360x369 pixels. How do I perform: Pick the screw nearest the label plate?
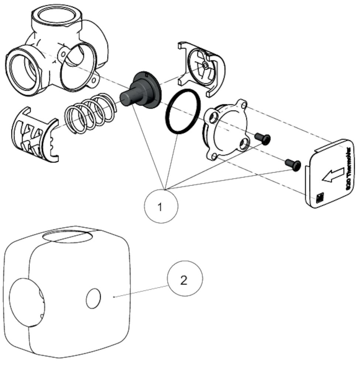pos(293,165)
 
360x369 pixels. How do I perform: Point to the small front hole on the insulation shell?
pos(93,299)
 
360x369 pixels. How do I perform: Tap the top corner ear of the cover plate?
pos(242,104)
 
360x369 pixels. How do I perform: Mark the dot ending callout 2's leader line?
pos(115,296)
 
